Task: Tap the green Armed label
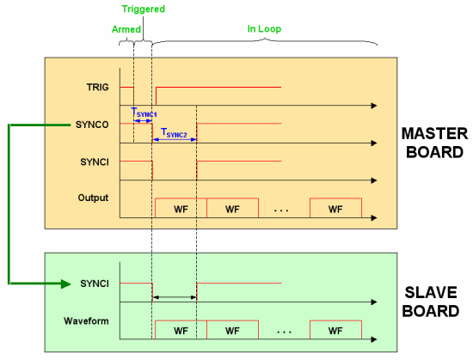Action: pyautogui.click(x=126, y=28)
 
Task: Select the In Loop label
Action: pyautogui.click(x=264, y=28)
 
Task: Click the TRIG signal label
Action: pyautogui.click(x=97, y=88)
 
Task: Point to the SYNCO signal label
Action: pyautogui.click(x=91, y=125)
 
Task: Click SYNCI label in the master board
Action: pyautogui.click(x=94, y=162)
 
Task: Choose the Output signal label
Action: pyautogui.click(x=93, y=198)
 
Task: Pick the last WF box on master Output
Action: pyautogui.click(x=335, y=208)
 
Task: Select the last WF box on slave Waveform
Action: pyautogui.click(x=335, y=330)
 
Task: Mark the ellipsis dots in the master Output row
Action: pyautogui.click(x=285, y=209)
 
